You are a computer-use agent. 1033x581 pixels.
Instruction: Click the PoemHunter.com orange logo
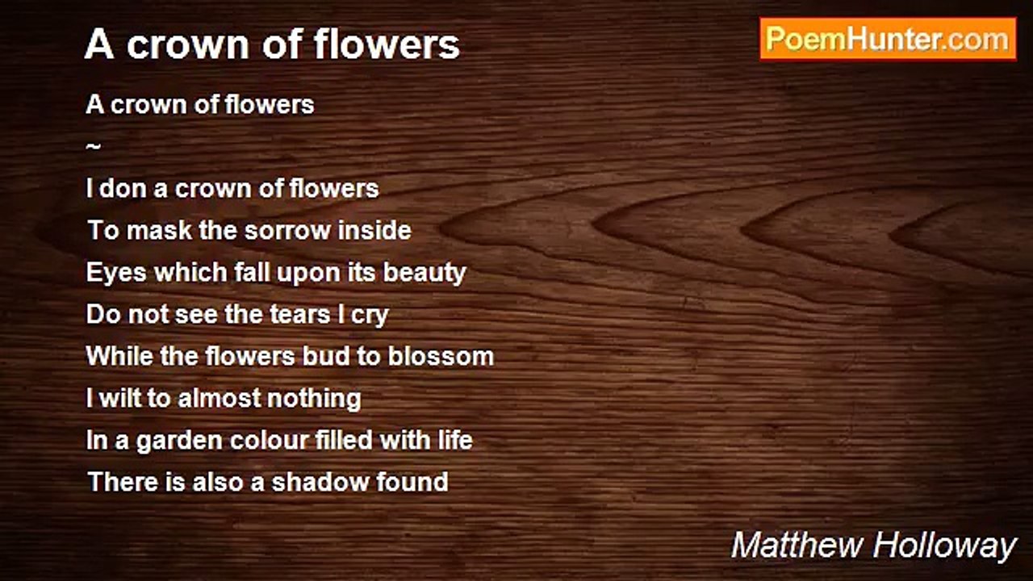pos(888,40)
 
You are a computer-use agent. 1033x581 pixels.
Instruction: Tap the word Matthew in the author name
pos(797,546)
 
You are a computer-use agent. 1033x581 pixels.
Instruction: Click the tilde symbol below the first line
pos(93,147)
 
